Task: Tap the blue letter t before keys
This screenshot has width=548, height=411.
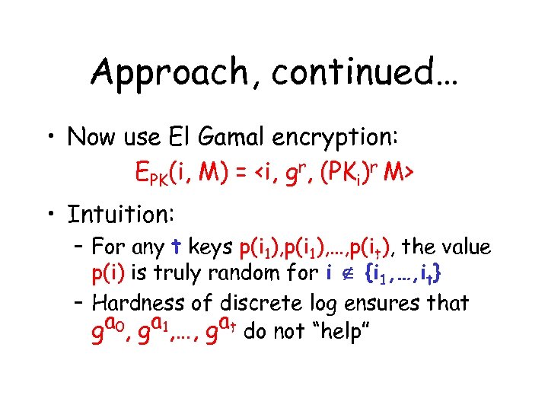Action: coord(177,247)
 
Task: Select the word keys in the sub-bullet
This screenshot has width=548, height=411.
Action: coord(210,248)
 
